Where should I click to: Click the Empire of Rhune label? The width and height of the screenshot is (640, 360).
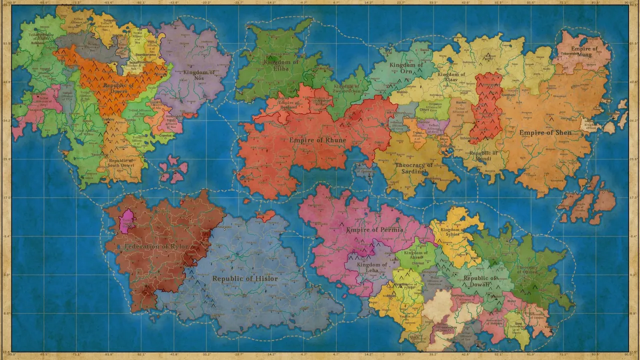pos(317,140)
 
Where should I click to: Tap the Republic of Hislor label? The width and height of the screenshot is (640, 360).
pos(245,278)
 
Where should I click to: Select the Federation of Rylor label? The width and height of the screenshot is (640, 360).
pos(156,246)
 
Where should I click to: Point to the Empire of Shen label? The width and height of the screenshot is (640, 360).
pos(545,132)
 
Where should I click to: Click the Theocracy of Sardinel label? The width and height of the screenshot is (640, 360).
pos(414,168)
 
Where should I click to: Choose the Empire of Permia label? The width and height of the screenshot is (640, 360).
pos(374,230)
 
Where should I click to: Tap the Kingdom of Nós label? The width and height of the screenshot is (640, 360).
pos(198,75)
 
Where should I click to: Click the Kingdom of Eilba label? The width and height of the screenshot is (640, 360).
pos(281,65)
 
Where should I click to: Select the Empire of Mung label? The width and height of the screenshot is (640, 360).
pos(584,51)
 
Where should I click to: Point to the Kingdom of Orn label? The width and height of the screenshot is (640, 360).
pos(406,68)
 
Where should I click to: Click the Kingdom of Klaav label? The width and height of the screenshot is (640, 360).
pos(451,77)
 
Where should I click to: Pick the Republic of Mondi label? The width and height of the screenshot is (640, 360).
pos(483,156)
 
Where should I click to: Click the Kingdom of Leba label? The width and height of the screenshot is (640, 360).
pos(372,267)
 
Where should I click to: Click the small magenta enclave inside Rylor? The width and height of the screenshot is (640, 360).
pos(127,221)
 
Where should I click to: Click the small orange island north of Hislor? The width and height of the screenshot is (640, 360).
pos(265,216)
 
